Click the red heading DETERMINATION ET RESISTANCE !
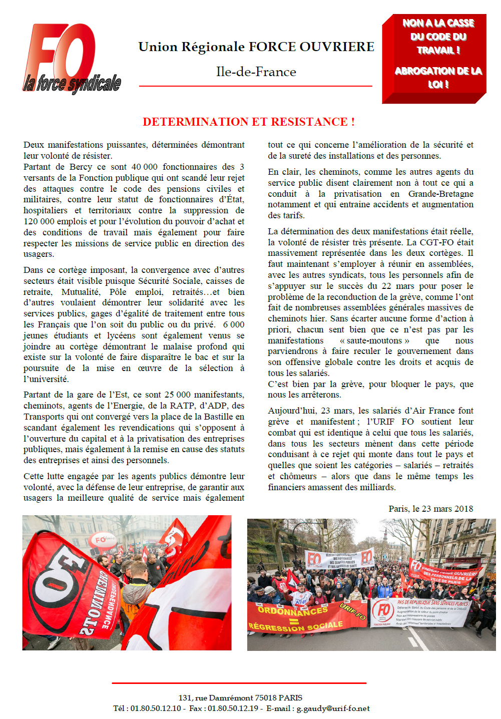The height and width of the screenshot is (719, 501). click(248, 122)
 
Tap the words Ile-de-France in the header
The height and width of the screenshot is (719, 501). click(256, 72)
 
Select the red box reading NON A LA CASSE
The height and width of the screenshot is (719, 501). click(434, 58)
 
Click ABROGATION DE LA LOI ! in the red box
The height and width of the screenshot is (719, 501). click(438, 77)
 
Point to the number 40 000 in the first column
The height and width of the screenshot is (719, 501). click(144, 167)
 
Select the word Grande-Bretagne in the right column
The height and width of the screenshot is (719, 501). click(440, 194)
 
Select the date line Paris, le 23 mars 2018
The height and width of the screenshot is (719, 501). click(430, 509)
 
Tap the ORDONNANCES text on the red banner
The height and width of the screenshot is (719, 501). click(293, 611)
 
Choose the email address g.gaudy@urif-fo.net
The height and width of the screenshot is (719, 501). click(333, 708)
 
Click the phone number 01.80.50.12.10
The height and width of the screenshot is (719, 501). click(156, 708)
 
